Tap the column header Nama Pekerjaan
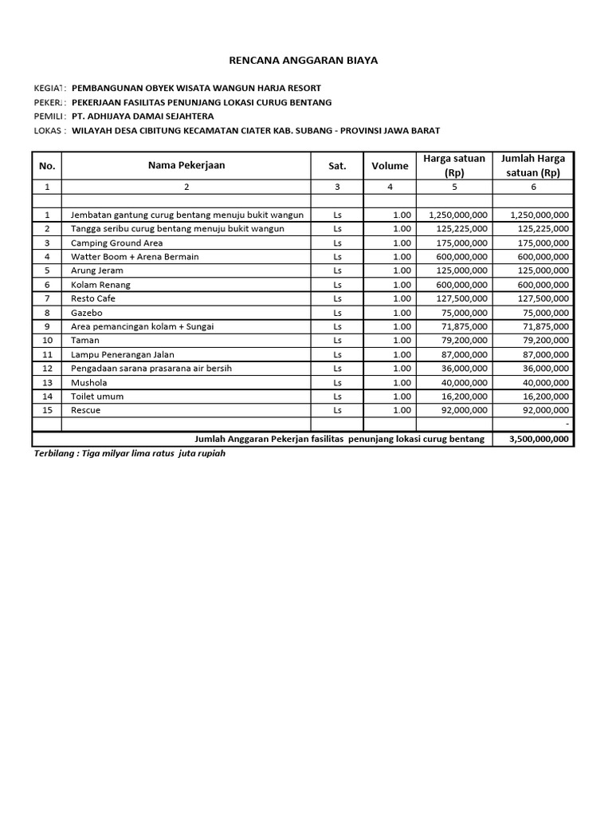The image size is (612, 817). (186, 165)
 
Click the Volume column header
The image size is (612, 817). (390, 166)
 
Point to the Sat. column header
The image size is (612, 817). (337, 166)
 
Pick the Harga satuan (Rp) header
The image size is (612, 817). (453, 165)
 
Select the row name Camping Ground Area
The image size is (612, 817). (116, 243)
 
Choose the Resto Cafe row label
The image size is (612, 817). (93, 298)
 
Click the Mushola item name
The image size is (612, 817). (88, 382)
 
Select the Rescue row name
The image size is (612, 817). (85, 410)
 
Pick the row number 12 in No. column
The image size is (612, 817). (47, 369)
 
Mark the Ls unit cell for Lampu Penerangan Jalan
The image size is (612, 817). (337, 354)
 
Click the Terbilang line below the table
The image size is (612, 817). (124, 454)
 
